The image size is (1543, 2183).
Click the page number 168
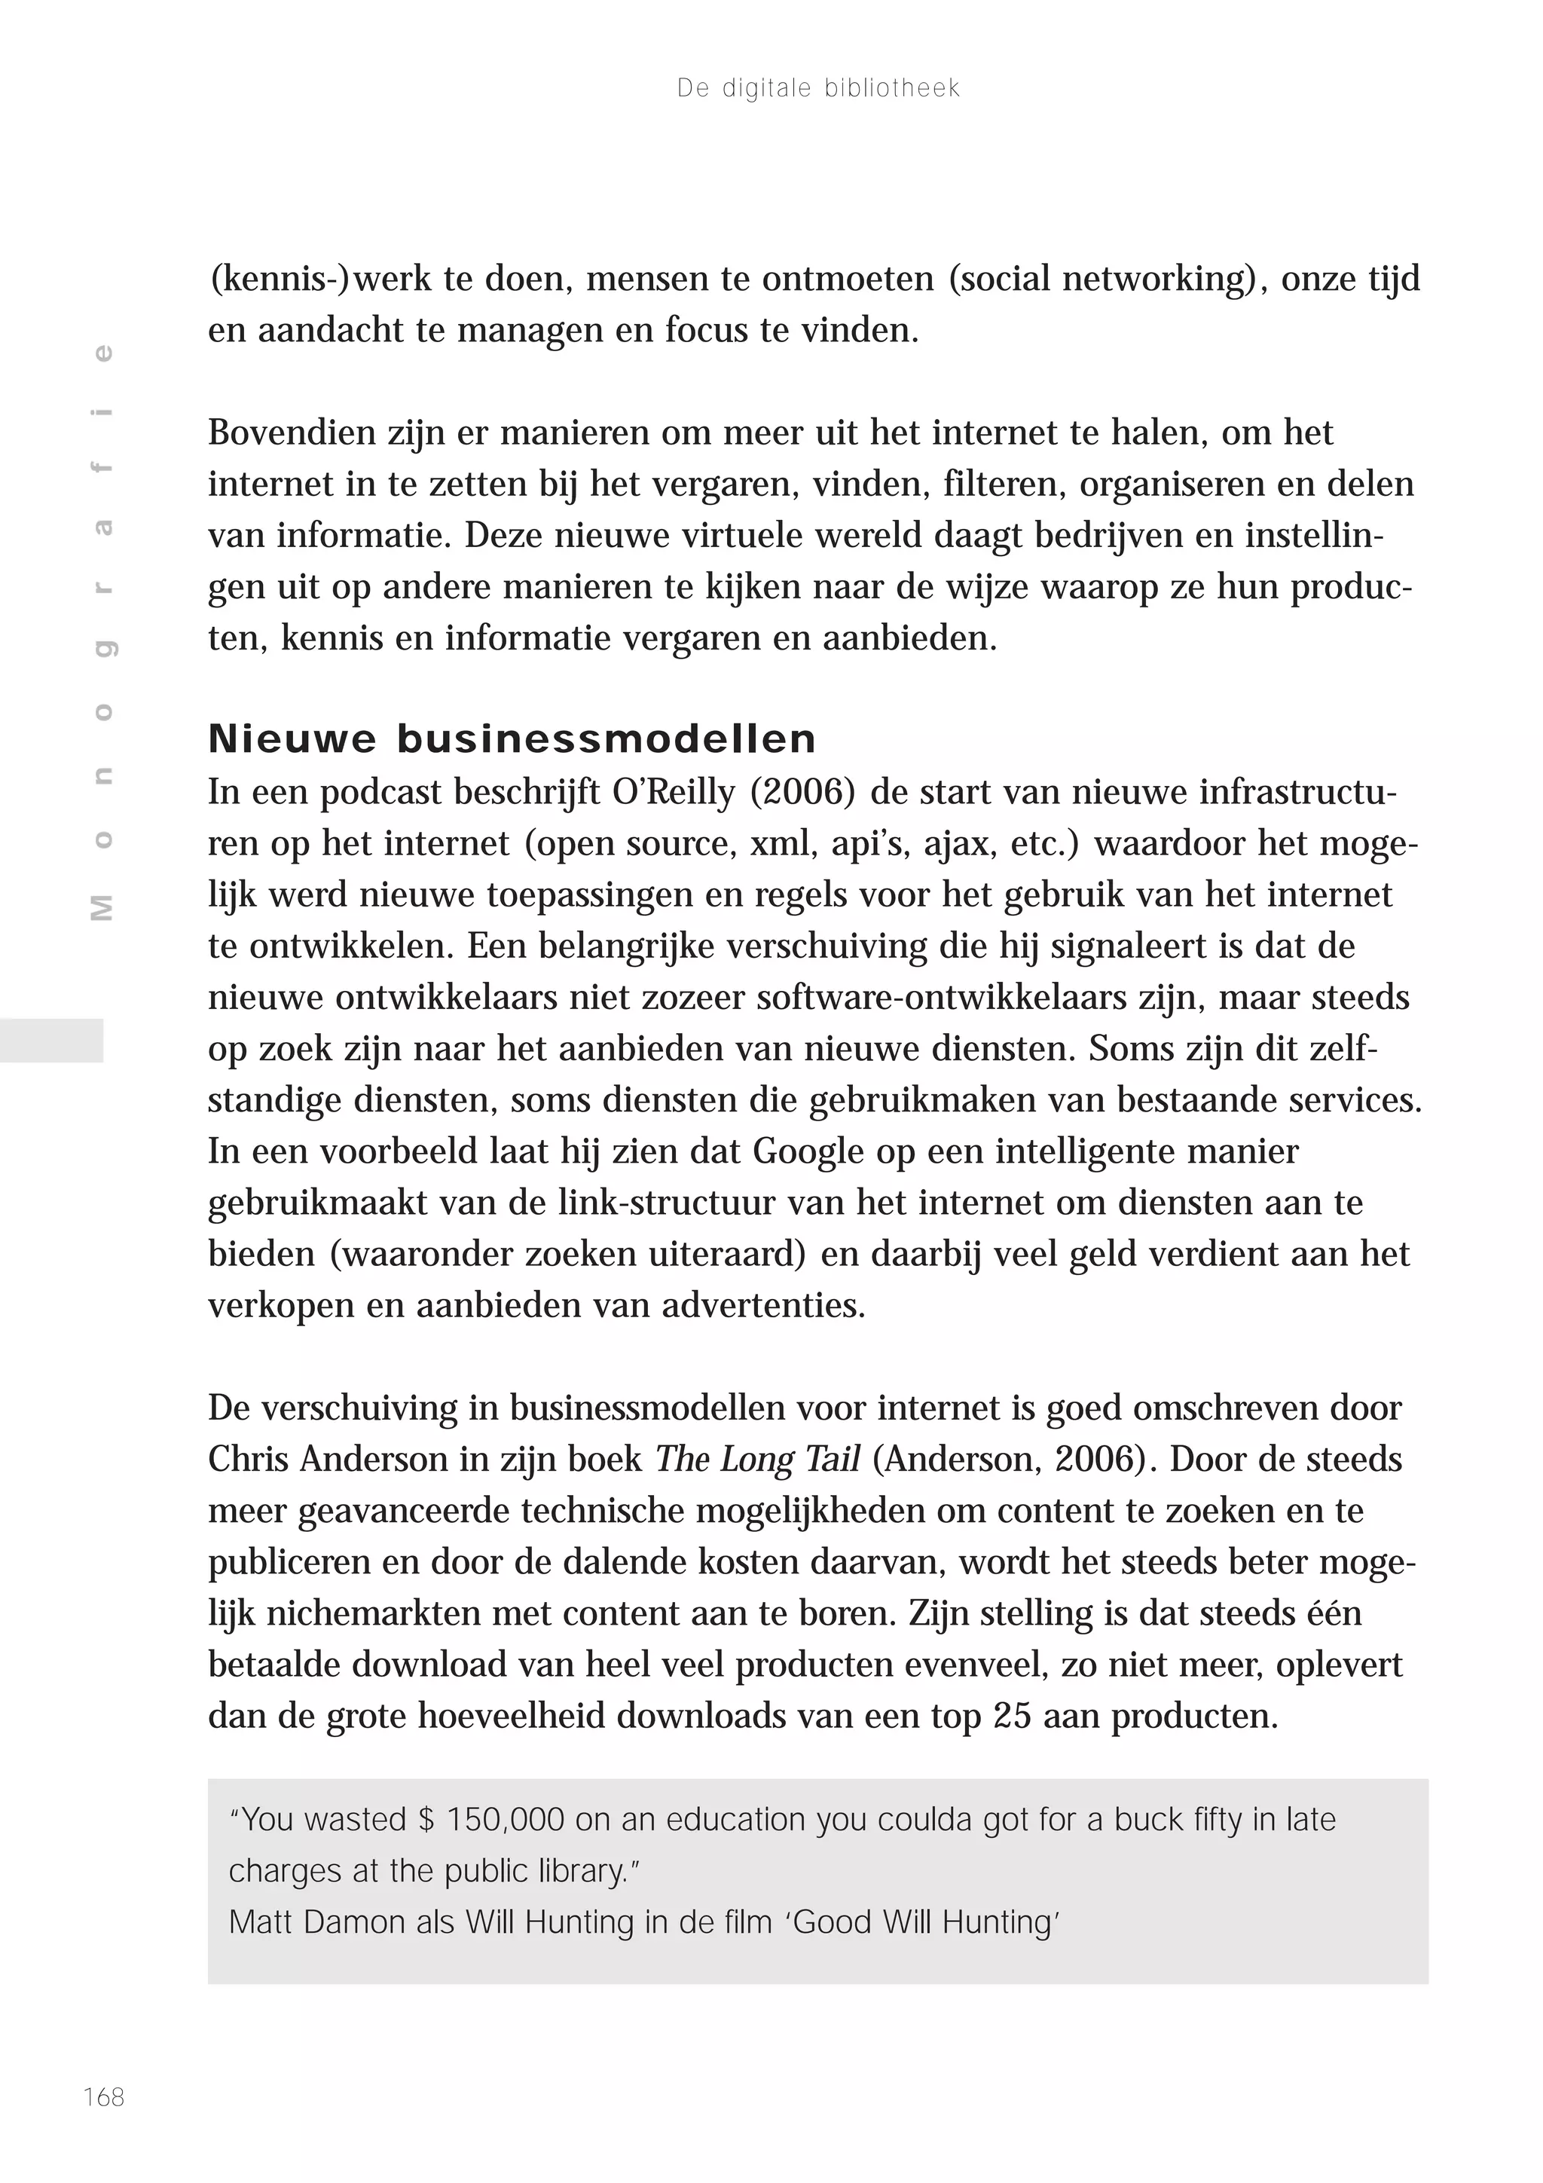[x=104, y=2096]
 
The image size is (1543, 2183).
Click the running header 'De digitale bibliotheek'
[x=817, y=88]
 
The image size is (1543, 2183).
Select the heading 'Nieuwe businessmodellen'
[x=512, y=738]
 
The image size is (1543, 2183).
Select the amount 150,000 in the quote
[x=504, y=1819]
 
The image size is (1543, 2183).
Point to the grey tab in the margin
[x=51, y=1040]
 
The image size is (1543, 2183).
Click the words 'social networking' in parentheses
[x=1103, y=279]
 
